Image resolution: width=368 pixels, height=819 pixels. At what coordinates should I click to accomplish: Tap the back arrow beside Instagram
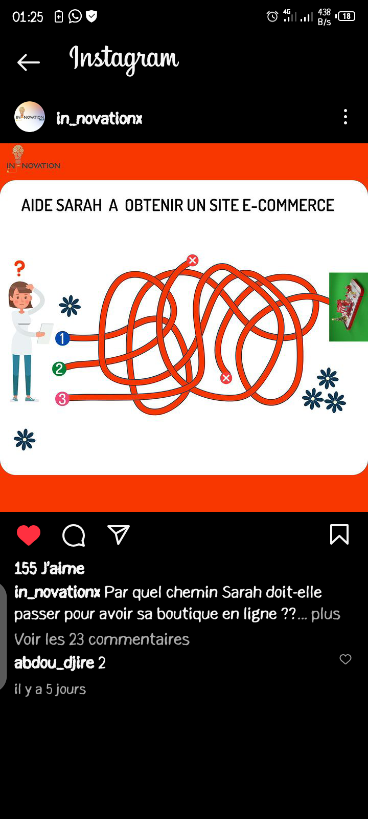pos(29,62)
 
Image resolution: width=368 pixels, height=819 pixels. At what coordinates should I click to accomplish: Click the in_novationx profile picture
pos(30,117)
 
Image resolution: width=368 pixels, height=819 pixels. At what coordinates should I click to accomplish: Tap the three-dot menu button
pos(346,117)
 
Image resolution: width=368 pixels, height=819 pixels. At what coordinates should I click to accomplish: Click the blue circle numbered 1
pos(62,338)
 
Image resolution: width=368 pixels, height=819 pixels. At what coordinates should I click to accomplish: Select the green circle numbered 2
pos(59,369)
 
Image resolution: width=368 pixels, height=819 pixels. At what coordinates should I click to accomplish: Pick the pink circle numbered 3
pos(62,399)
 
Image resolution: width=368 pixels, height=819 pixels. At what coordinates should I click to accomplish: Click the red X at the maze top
pos(193,260)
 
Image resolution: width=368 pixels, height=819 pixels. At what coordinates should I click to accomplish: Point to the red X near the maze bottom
pos(226,378)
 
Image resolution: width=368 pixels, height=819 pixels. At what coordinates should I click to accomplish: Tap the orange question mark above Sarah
pos(19,268)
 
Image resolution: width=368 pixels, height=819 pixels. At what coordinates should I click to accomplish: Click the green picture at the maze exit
pos(349,307)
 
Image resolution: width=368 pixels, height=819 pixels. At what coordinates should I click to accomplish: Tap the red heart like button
pos(29,535)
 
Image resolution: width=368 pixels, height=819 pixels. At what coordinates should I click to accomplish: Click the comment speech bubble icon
pos(74,535)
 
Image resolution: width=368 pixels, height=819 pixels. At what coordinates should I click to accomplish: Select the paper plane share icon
pos(119,534)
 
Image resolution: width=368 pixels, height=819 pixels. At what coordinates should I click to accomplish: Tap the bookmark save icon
pos(339,534)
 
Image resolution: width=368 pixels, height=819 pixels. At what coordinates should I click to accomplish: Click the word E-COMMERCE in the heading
pos(288,205)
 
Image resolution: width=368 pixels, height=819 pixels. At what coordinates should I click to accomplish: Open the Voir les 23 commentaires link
pos(102,639)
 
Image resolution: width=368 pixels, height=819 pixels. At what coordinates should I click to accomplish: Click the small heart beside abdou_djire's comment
pos(346,659)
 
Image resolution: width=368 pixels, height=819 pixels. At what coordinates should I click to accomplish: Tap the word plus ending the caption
pos(326,614)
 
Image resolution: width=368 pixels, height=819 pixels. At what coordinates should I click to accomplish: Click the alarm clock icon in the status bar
pos(272,16)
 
